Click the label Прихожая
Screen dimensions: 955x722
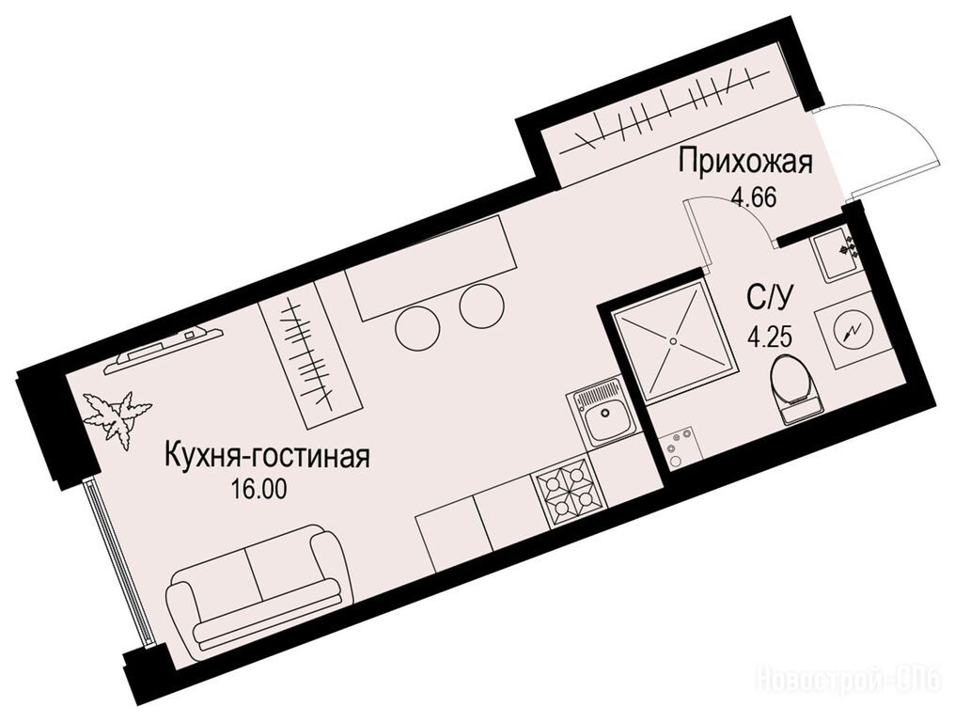pos(746,165)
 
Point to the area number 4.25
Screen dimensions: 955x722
pos(770,336)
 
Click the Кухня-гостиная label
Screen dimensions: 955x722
pos(268,456)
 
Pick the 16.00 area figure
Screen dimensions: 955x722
pos(258,489)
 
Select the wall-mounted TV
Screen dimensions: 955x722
pos(164,350)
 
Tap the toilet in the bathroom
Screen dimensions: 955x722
pos(793,390)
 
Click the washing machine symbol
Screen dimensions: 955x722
pos(849,330)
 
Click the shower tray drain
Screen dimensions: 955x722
pos(674,341)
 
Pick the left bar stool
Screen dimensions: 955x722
pos(417,328)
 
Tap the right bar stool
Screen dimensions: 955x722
pos(482,306)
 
